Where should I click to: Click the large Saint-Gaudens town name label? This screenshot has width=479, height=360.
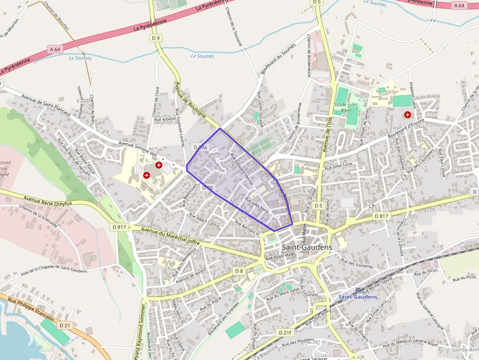[306, 247]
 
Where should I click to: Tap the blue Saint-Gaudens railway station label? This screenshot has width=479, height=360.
[358, 296]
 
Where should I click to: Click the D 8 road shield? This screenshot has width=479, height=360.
[239, 271]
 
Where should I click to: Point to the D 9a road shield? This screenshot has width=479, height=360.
[200, 147]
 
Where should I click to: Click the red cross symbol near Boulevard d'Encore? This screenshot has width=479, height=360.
[407, 114]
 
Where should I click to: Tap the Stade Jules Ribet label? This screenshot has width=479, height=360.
[347, 107]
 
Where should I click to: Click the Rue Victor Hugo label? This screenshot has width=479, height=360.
[281, 255]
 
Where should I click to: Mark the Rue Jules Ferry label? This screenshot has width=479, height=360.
[257, 205]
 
